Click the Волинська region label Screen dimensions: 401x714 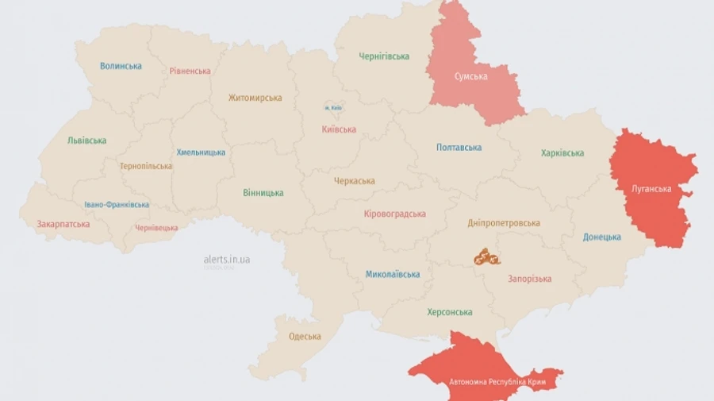click(121, 66)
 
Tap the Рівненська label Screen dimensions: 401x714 click(190, 71)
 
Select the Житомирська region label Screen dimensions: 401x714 click(255, 98)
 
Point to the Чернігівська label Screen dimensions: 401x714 click(384, 56)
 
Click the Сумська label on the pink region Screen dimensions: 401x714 click(470, 77)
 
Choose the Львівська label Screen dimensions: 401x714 click(86, 141)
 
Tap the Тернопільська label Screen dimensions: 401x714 click(145, 166)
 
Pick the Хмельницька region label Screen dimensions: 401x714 click(200, 152)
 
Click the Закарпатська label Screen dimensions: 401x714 click(63, 224)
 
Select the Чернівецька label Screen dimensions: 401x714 click(156, 228)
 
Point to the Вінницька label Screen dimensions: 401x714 click(263, 193)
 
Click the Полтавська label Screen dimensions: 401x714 click(459, 147)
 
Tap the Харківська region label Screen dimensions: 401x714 click(562, 153)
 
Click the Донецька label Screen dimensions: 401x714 click(601, 237)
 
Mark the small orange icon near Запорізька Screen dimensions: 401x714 click(486, 256)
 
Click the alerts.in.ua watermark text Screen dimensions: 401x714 click(227, 260)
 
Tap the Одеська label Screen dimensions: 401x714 click(305, 336)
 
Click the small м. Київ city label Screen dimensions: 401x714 click(332, 107)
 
